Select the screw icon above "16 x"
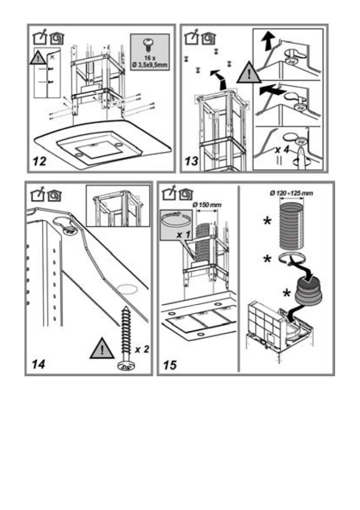click(150, 43)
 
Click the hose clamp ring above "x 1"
click(176, 223)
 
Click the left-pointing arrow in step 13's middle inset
click(268, 91)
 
